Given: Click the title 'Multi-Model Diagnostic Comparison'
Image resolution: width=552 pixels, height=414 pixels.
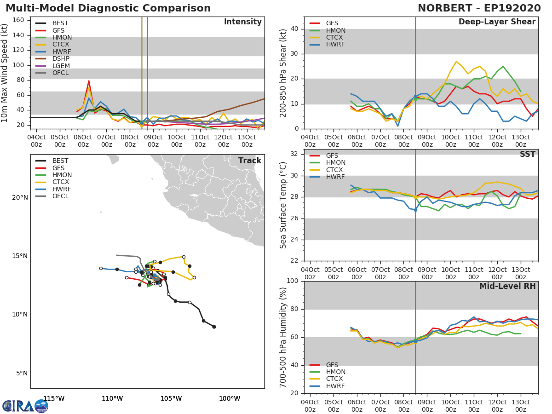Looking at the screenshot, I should [108, 8].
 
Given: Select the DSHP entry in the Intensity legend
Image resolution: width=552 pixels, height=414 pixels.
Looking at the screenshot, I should [61, 59].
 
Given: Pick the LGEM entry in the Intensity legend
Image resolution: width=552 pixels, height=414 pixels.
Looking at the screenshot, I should [61, 66].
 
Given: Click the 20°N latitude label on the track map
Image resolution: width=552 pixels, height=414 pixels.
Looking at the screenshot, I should [20, 198].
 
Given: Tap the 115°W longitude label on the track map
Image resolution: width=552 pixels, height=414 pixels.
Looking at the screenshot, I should [54, 399].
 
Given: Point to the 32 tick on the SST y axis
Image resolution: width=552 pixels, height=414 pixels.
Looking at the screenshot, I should [294, 154].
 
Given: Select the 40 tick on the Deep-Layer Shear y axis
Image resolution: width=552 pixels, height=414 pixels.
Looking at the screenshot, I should [294, 29].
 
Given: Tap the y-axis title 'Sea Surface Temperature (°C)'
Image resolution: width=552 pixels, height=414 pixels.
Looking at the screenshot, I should [283, 205].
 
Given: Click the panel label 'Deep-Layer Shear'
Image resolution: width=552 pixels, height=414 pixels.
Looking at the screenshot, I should [497, 22].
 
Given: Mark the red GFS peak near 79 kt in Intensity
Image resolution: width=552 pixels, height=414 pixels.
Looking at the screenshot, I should [89, 81].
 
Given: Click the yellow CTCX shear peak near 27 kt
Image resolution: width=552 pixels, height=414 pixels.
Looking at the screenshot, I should [456, 61].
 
